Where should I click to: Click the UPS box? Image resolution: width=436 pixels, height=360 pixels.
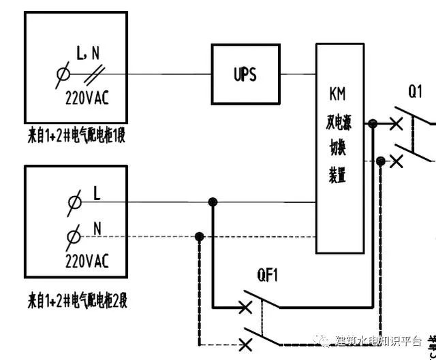245,73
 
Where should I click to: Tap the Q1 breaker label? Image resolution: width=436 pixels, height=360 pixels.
416,91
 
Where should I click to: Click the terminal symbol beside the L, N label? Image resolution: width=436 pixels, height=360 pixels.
65,74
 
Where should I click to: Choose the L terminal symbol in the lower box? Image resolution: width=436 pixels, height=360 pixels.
74,202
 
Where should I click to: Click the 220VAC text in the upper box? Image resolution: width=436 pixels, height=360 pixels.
87,98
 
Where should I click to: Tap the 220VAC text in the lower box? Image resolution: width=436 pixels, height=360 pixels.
87,260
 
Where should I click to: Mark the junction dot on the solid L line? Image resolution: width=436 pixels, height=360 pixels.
213,202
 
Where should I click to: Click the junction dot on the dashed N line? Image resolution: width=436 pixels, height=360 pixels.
199,237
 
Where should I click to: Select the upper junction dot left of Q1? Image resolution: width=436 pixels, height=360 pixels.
373,124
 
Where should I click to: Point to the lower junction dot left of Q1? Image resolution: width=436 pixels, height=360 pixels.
381,161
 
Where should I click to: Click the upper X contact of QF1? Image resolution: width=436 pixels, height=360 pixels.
246,306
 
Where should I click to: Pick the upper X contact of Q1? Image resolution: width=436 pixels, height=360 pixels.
396,124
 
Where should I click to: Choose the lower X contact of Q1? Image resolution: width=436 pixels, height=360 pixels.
396,161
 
